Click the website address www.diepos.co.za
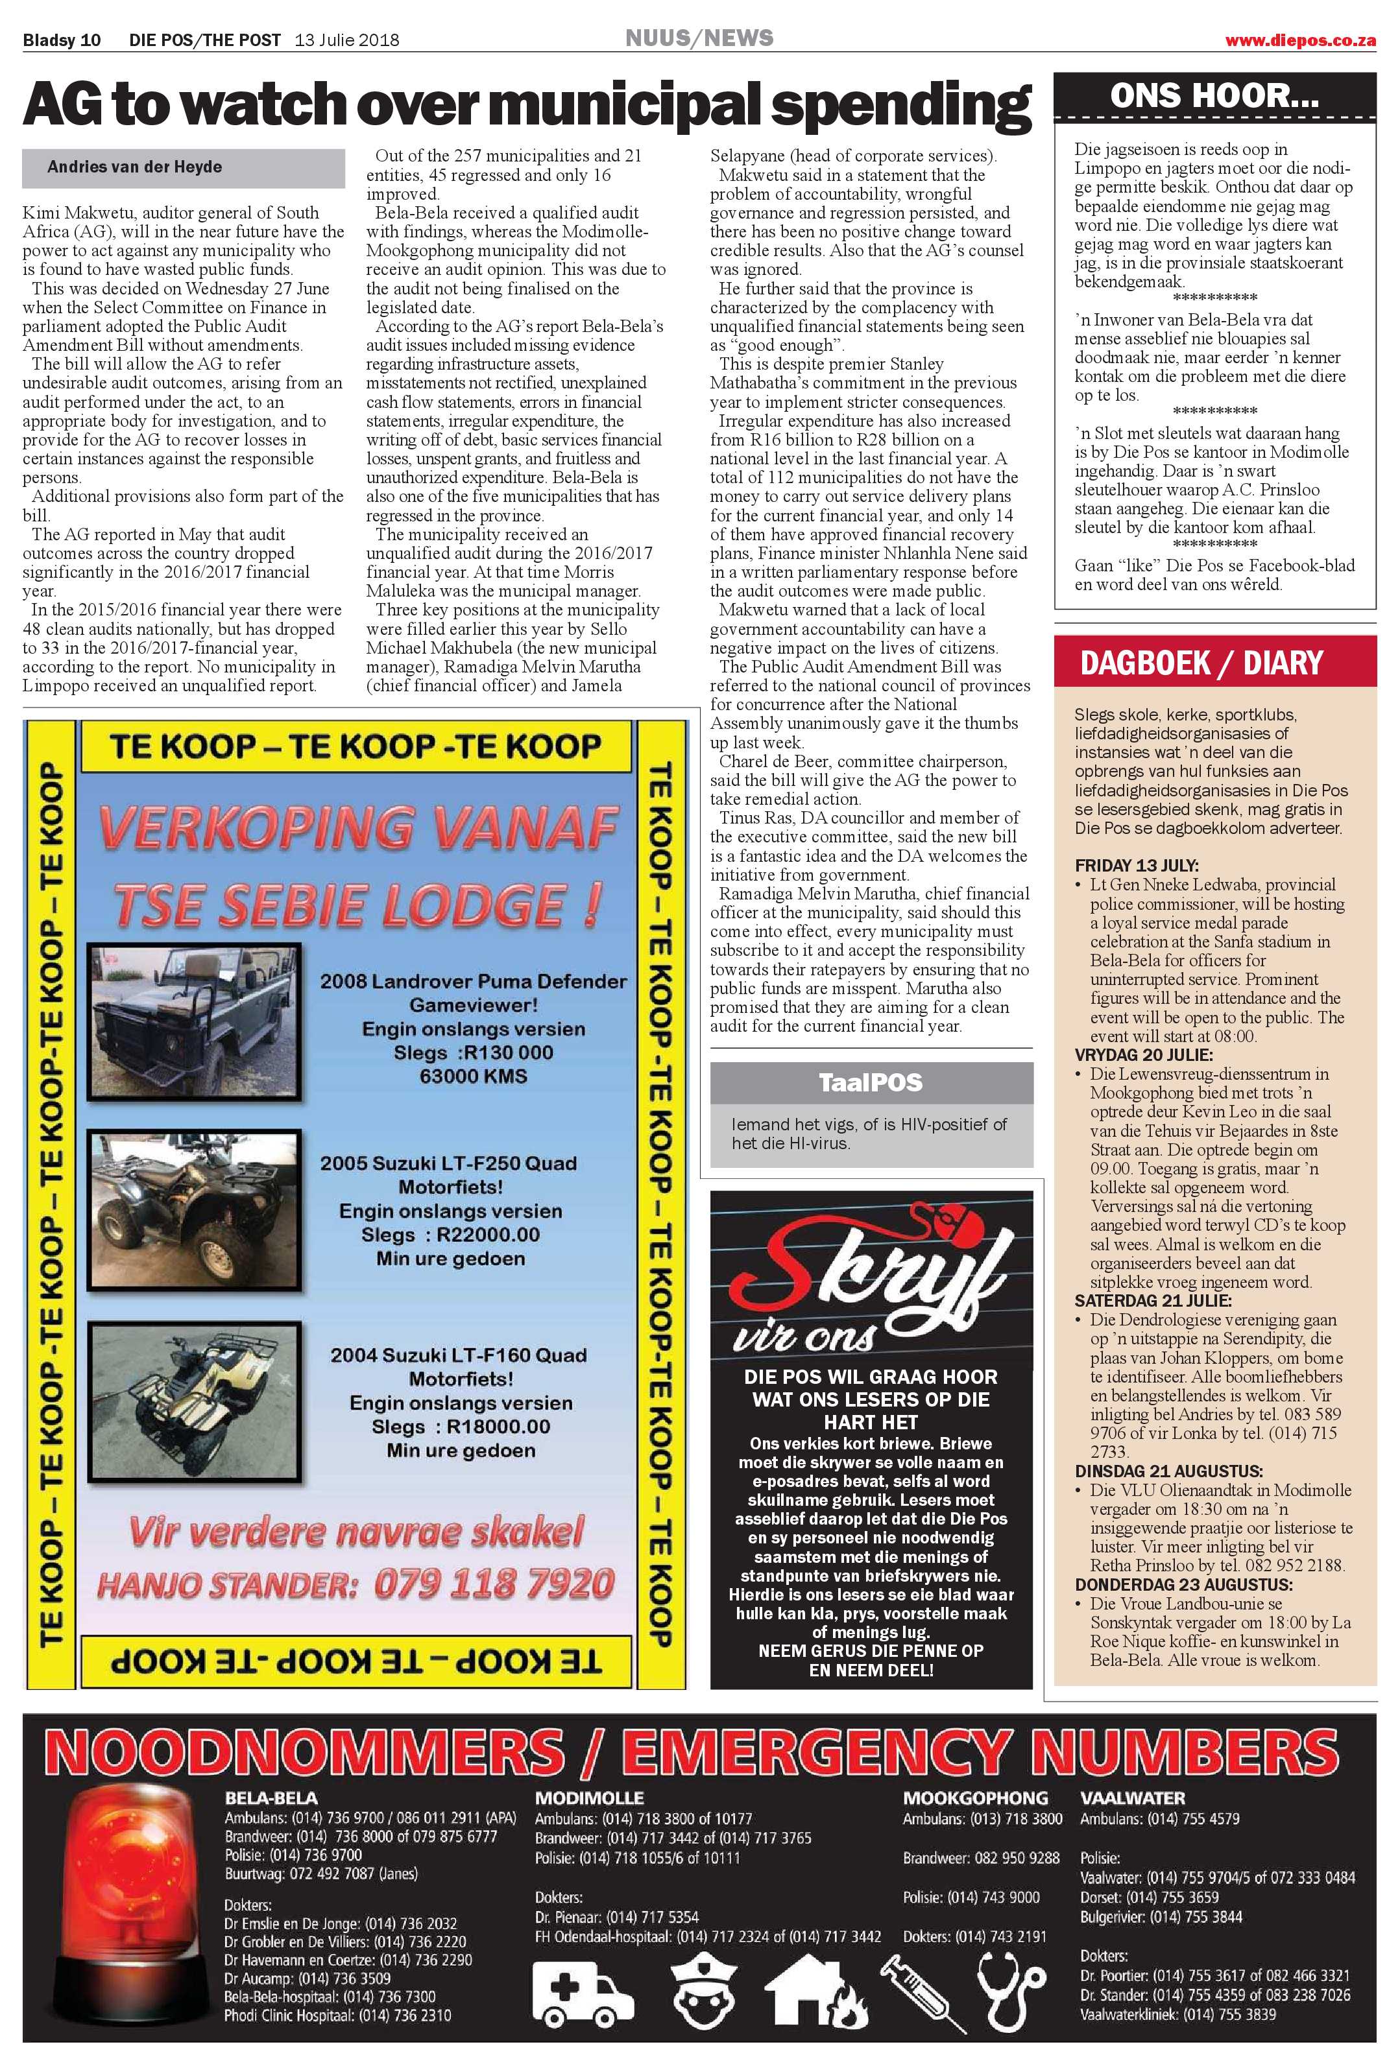(1299, 41)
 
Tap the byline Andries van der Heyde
(134, 167)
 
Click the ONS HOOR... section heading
(1214, 96)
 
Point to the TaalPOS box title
(871, 1083)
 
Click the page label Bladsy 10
(62, 40)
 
